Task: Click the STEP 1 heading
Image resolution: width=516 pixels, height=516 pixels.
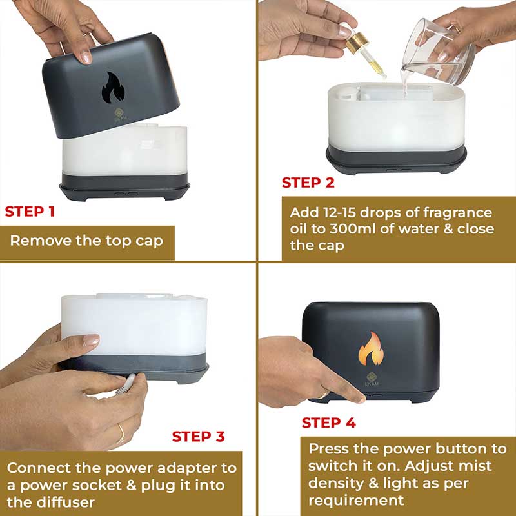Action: pyautogui.click(x=30, y=212)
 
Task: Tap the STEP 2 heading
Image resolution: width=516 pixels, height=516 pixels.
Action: pyautogui.click(x=308, y=183)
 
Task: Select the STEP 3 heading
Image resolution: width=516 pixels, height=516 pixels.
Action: pyautogui.click(x=199, y=437)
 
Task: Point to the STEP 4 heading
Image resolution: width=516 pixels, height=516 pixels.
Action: pyautogui.click(x=329, y=423)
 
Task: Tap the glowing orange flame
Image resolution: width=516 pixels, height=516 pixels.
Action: pyautogui.click(x=371, y=349)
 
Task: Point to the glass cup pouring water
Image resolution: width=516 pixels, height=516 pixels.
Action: pyautogui.click(x=439, y=53)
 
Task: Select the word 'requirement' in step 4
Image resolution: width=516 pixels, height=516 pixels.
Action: pyautogui.click(x=356, y=501)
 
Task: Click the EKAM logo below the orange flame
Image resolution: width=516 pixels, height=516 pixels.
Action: pyautogui.click(x=372, y=379)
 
